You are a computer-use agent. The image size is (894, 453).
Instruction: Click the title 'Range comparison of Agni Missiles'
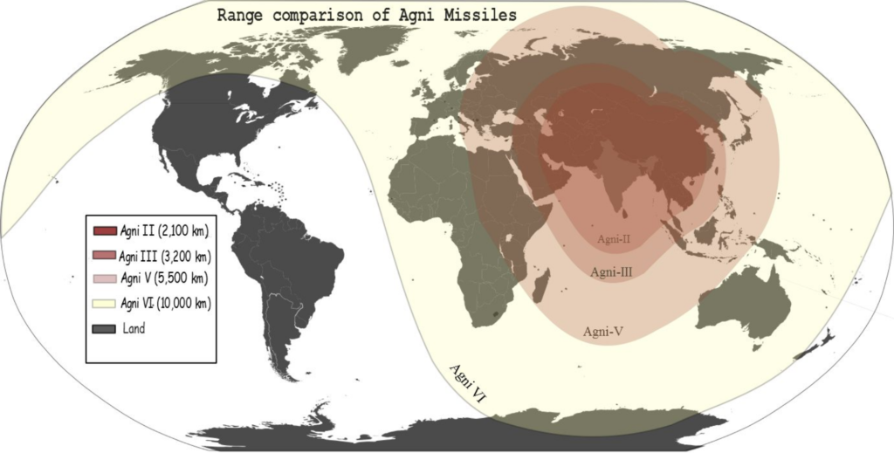(366, 15)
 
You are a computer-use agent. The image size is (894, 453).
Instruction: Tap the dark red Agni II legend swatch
(103, 231)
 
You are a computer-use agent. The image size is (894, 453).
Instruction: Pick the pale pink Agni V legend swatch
(103, 279)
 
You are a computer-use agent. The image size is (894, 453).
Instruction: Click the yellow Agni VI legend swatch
(103, 304)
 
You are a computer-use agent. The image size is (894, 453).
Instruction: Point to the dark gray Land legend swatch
(103, 328)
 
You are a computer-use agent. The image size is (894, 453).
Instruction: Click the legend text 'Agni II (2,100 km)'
(163, 231)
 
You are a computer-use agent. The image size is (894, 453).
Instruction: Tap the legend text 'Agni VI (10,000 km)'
(165, 304)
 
